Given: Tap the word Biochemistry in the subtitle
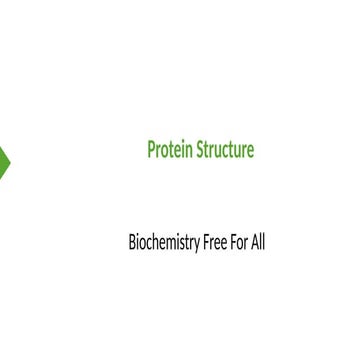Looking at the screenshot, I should [163, 242].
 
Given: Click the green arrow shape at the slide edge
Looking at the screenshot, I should [4, 161].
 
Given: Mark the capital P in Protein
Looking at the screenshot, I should [152, 150].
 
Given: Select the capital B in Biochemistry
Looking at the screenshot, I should [132, 242].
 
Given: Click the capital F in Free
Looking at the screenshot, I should [206, 242].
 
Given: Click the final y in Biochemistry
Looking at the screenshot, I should [196, 244].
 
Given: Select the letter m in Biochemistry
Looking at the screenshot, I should [172, 243].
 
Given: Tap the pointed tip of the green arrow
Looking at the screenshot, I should [10, 161].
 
